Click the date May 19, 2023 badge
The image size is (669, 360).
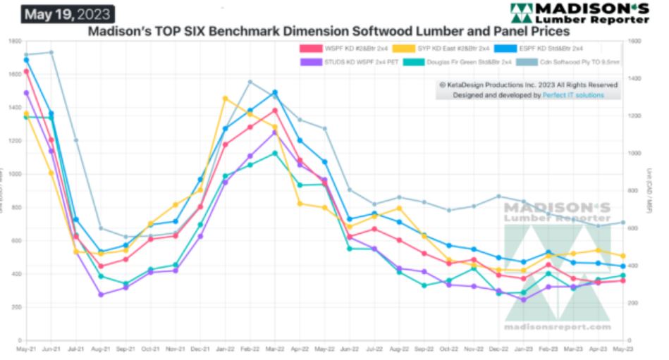click(68, 14)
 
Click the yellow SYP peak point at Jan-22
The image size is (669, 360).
click(226, 99)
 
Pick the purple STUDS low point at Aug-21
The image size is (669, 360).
click(101, 294)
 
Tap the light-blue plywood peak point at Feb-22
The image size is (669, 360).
click(250, 82)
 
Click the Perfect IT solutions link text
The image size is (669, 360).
click(573, 94)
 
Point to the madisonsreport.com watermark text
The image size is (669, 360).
click(557, 328)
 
